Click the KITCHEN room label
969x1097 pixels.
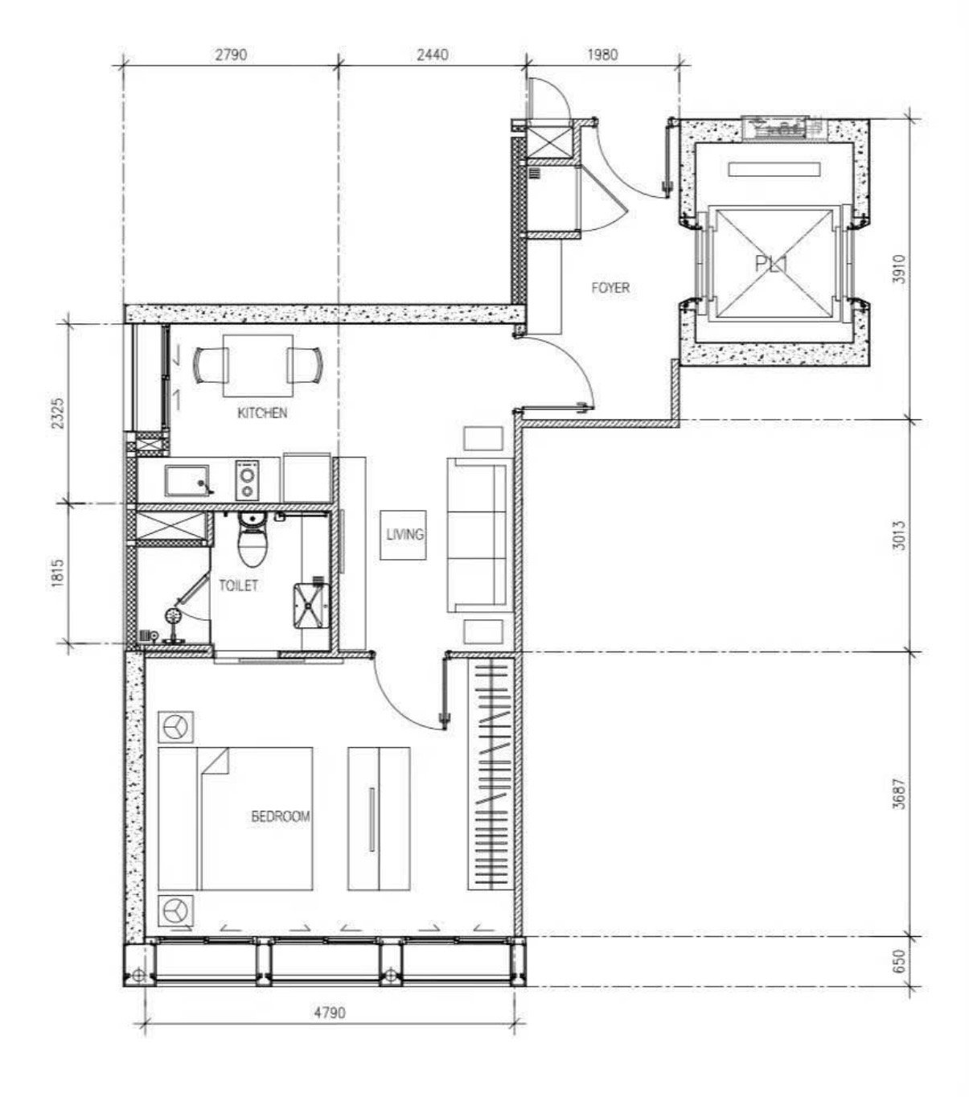pyautogui.click(x=262, y=413)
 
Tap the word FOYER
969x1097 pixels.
pyautogui.click(x=610, y=287)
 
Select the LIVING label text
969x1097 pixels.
pyautogui.click(x=404, y=534)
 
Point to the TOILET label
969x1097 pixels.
pyautogui.click(x=238, y=585)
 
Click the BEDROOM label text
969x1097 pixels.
pyautogui.click(x=281, y=816)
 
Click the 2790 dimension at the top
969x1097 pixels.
pyautogui.click(x=231, y=55)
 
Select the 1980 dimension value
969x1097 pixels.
pyautogui.click(x=602, y=55)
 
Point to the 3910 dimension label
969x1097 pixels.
pyautogui.click(x=899, y=269)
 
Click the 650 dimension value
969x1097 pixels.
pyautogui.click(x=899, y=960)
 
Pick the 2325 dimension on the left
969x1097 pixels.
pyautogui.click(x=58, y=413)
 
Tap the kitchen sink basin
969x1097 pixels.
pyautogui.click(x=187, y=480)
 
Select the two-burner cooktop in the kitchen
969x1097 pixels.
pyautogui.click(x=248, y=480)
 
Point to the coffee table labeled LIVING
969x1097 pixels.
pyautogui.click(x=404, y=535)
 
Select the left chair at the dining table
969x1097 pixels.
pyautogui.click(x=210, y=366)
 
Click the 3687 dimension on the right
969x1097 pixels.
pyautogui.click(x=899, y=794)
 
